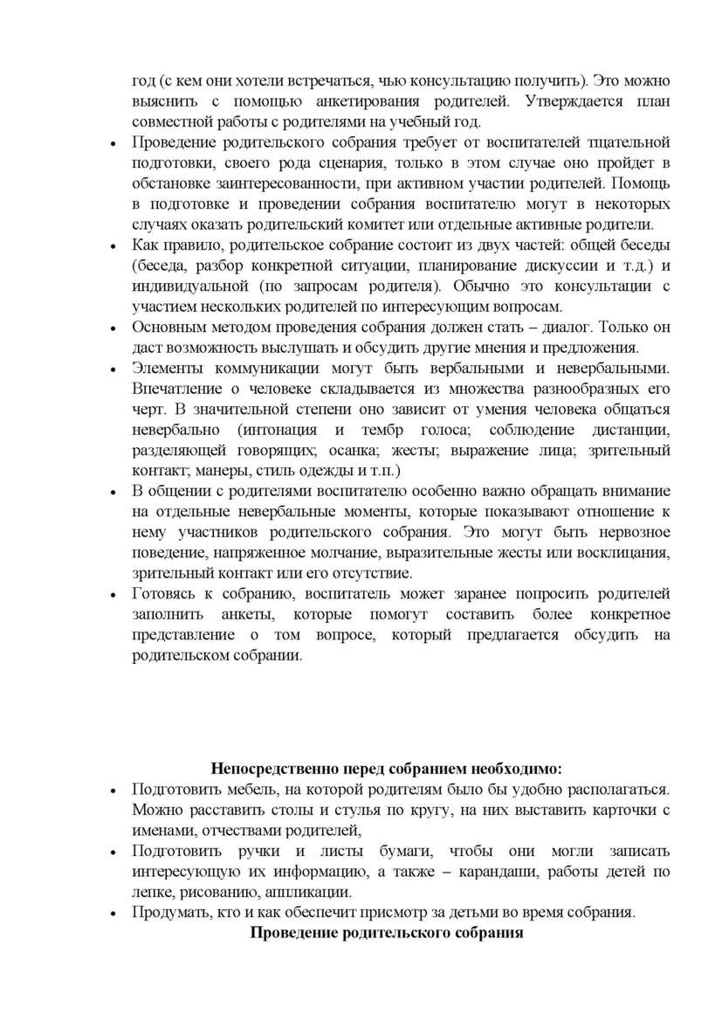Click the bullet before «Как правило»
coord(113,246)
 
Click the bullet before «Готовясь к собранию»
coord(113,596)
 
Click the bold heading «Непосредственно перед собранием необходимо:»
coord(387,769)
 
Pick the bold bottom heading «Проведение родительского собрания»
coord(387,933)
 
